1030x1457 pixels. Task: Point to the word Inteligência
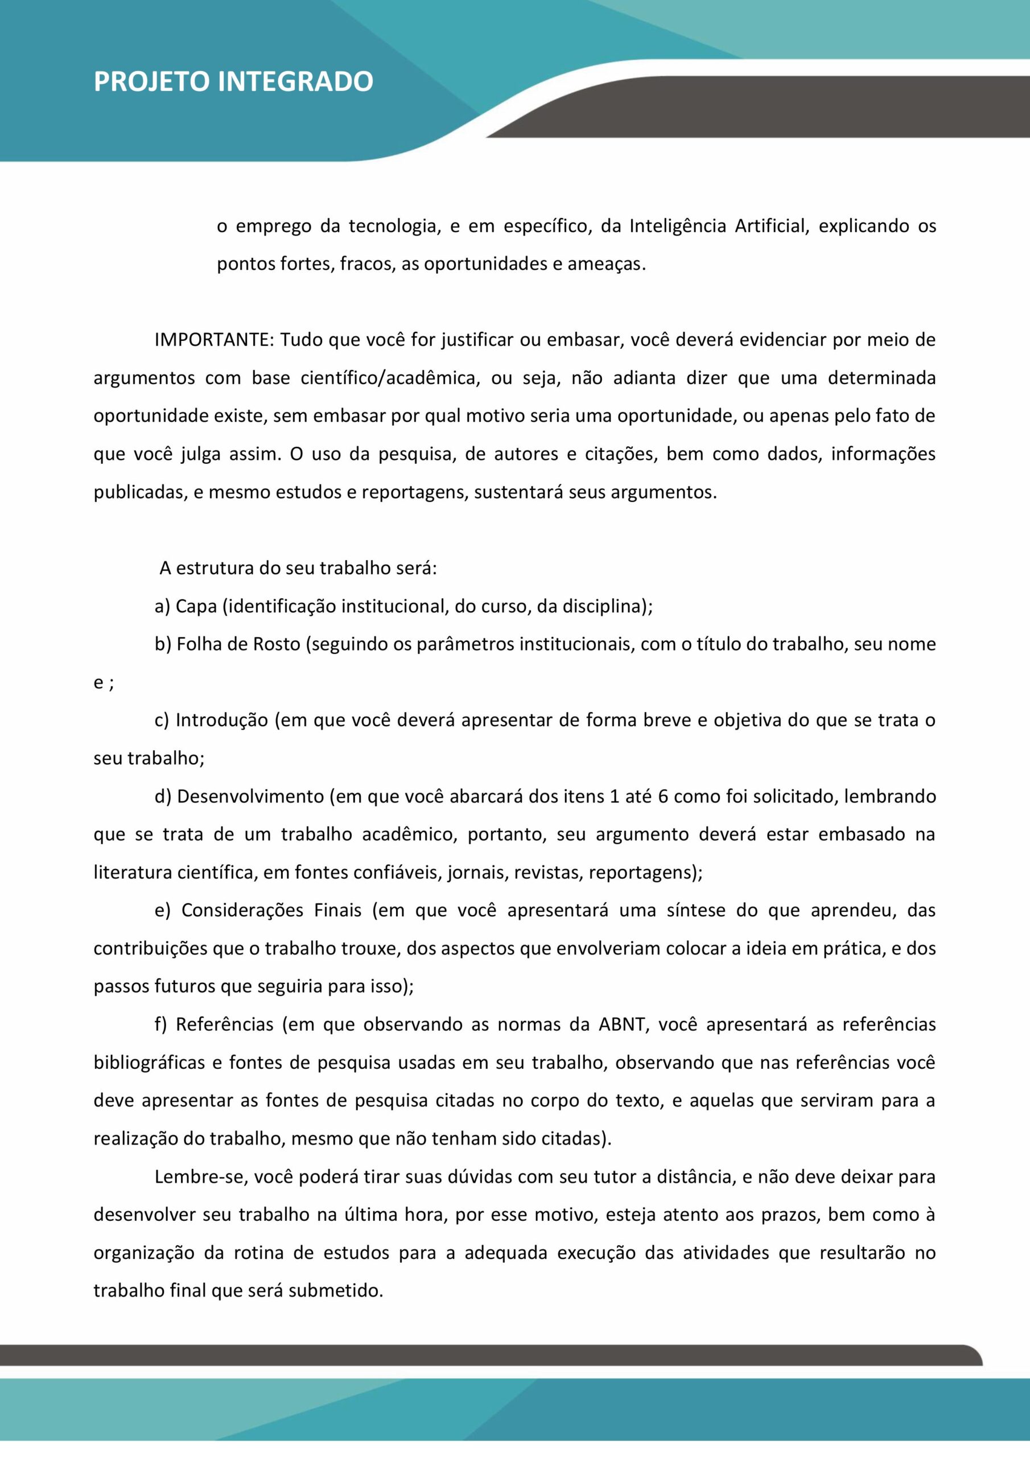point(677,226)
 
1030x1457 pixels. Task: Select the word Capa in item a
point(196,607)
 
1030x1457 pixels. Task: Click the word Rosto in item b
point(277,645)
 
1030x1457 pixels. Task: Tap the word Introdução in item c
point(222,721)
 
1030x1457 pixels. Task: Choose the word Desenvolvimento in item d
point(251,796)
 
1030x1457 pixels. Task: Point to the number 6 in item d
point(663,796)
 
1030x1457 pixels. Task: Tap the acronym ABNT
point(621,1025)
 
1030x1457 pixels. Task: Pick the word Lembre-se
point(201,1177)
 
